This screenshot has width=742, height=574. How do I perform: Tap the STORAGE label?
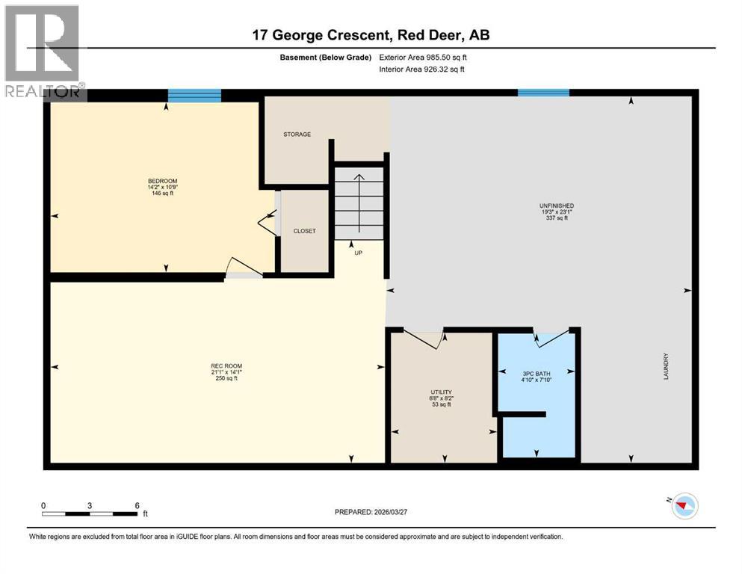pos(297,135)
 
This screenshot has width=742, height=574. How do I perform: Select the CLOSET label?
pos(304,231)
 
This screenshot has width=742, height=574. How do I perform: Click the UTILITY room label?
pos(441,392)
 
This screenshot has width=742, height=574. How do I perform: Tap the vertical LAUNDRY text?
pos(664,366)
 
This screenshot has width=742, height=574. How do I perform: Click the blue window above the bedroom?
pos(194,94)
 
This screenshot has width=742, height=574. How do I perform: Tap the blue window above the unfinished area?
pos(543,93)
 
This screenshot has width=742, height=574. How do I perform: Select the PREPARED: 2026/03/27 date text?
pos(374,512)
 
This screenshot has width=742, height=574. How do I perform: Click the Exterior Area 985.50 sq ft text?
pos(423,57)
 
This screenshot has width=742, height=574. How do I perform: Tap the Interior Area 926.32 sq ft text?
pos(421,70)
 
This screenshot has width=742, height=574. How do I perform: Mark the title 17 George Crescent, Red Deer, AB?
pos(371,35)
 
